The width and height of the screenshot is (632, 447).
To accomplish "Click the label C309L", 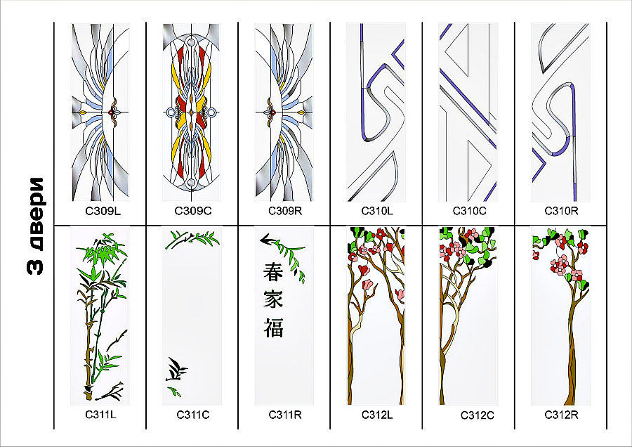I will pyautogui.click(x=100, y=210).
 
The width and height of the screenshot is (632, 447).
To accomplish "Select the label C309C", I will pyautogui.click(x=192, y=210).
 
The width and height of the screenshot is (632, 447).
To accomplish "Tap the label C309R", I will pyautogui.click(x=285, y=210).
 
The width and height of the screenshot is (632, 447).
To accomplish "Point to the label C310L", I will pyautogui.click(x=377, y=210).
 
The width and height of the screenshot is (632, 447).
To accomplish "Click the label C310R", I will pyautogui.click(x=561, y=210).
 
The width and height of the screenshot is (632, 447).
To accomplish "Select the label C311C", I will pyautogui.click(x=192, y=415).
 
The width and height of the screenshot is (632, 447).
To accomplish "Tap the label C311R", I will pyautogui.click(x=285, y=414).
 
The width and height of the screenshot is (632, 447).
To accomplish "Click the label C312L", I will pyautogui.click(x=377, y=414).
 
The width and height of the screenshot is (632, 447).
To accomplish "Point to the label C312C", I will pyautogui.click(x=478, y=415).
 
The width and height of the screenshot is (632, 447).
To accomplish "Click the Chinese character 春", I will pyautogui.click(x=273, y=271).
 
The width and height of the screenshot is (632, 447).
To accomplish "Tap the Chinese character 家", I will pyautogui.click(x=273, y=299).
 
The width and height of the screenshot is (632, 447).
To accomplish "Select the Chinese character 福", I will pyautogui.click(x=273, y=327).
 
